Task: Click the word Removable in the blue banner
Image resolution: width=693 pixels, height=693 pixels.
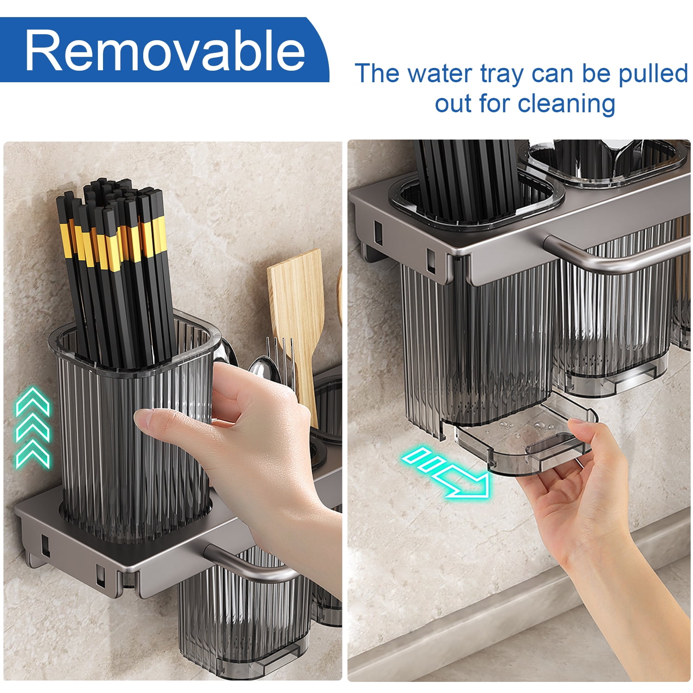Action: [165, 50]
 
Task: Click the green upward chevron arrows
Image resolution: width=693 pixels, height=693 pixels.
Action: [32, 428]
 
